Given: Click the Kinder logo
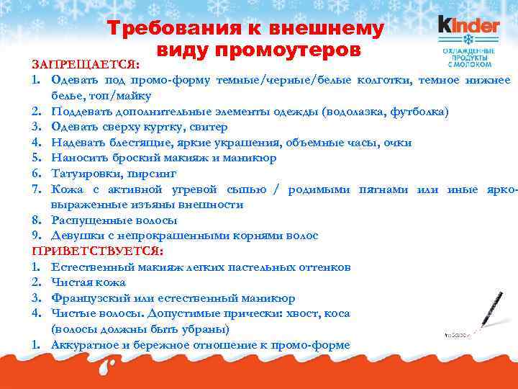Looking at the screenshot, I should tap(468, 26).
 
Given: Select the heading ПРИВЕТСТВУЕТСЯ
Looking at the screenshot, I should tap(98, 251).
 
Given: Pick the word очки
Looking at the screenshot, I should tap(397, 143).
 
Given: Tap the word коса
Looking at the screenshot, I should tap(336, 313).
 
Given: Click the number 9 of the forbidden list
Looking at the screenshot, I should tap(35, 236).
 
